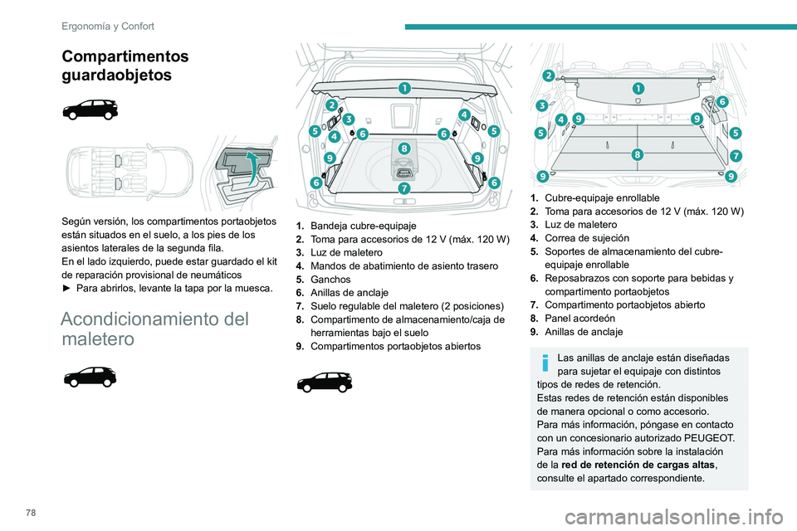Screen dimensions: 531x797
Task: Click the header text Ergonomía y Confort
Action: point(108,26)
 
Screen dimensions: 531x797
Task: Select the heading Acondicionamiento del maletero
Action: point(154,329)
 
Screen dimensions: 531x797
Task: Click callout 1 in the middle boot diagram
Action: point(403,88)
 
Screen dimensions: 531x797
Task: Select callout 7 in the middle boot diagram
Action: point(403,188)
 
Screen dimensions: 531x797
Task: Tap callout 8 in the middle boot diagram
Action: point(403,148)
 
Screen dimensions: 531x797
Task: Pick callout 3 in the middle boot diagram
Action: point(348,119)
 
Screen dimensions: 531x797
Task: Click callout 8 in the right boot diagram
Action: point(638,154)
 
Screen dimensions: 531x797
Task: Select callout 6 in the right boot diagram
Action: point(721,101)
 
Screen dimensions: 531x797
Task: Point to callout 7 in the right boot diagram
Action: point(736,155)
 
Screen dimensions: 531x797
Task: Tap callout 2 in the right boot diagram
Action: point(549,76)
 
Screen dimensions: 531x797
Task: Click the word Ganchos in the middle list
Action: point(327,280)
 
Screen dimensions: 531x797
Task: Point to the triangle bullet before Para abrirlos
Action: point(67,287)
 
